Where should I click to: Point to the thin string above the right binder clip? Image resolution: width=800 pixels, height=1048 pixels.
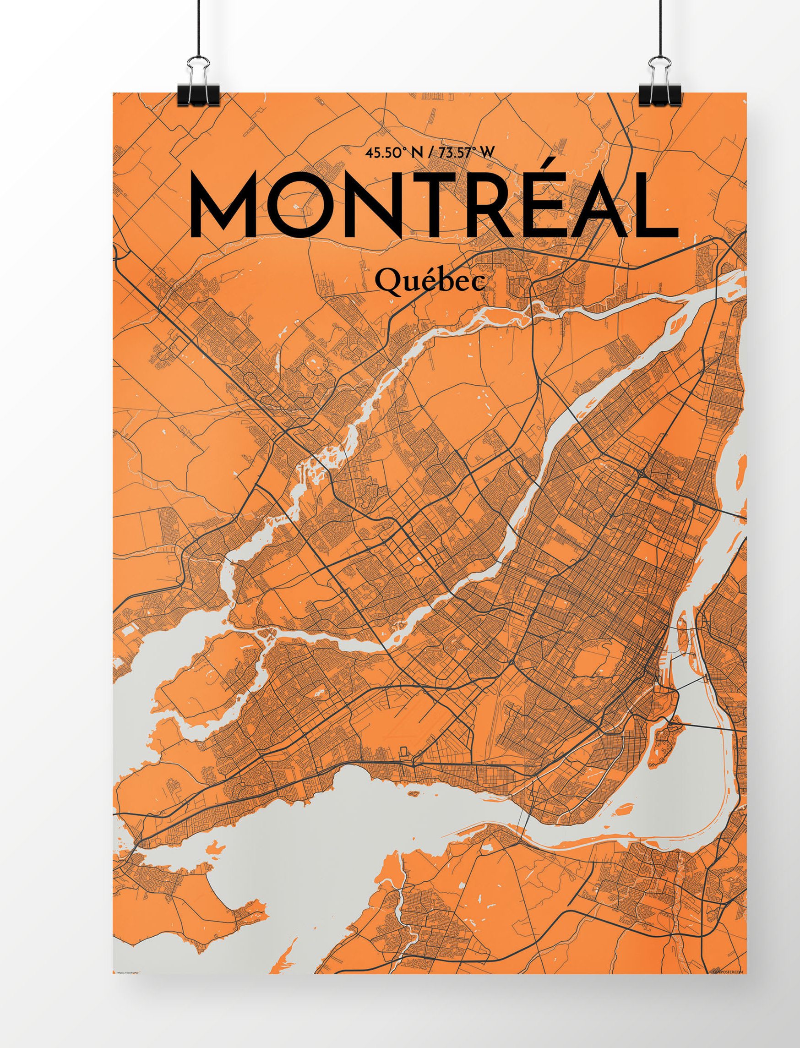click(x=660, y=28)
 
